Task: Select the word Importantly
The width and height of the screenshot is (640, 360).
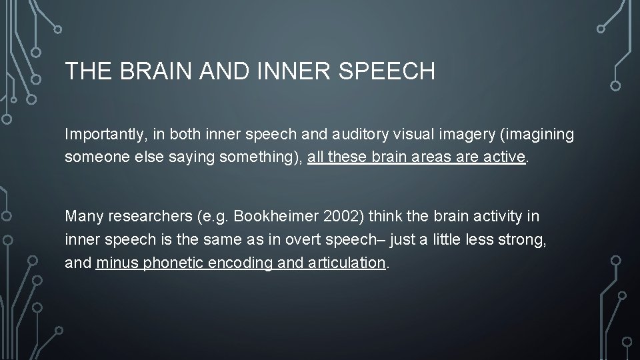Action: (x=103, y=135)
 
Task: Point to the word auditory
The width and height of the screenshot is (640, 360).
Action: (x=359, y=135)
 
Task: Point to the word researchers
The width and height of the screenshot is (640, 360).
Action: (x=147, y=217)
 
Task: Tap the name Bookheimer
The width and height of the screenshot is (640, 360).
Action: (x=273, y=217)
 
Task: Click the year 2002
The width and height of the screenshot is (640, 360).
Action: (x=338, y=217)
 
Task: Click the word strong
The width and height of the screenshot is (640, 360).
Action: (x=525, y=239)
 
